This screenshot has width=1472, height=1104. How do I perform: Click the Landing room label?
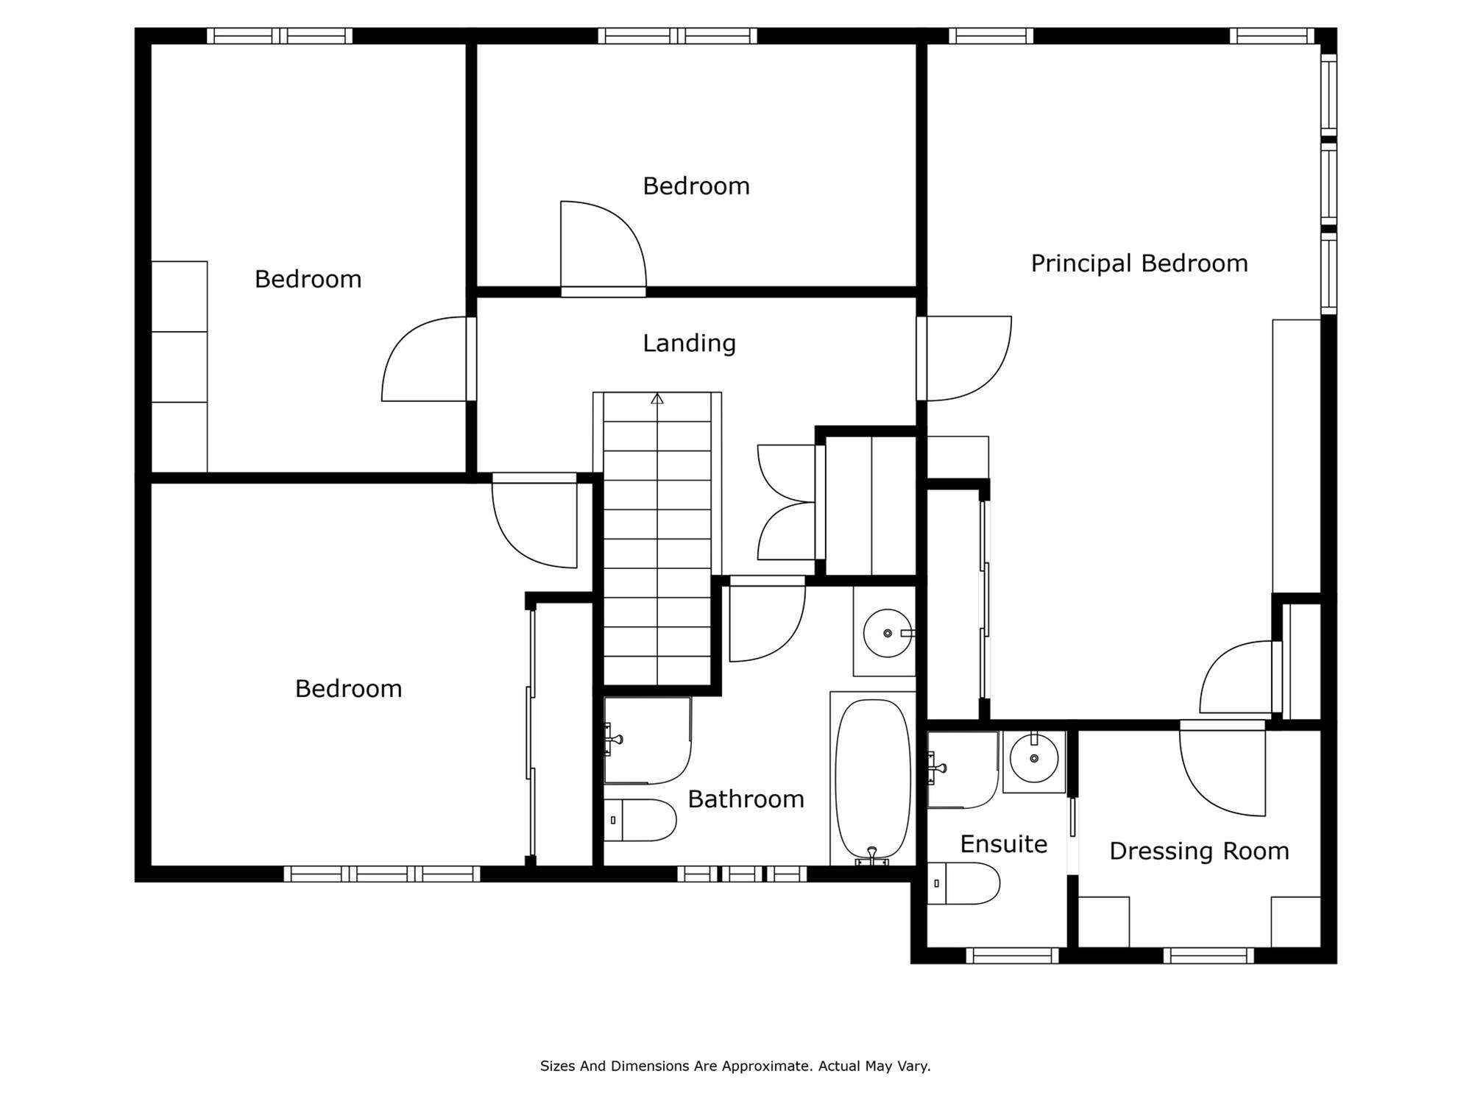click(x=689, y=343)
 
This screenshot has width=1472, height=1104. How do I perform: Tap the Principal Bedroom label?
click(x=1139, y=263)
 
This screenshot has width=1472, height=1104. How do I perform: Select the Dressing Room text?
click(x=1199, y=852)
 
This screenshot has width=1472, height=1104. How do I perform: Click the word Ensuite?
click(x=1004, y=844)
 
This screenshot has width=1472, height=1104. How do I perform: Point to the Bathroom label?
click(x=746, y=799)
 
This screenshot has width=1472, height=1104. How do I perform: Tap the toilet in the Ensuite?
click(x=963, y=883)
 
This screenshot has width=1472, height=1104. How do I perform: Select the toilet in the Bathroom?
click(x=640, y=820)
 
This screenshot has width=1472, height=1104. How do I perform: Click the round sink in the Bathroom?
click(x=888, y=633)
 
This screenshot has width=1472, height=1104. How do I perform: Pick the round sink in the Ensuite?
click(x=1034, y=758)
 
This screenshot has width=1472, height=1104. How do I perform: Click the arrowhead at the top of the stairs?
click(x=657, y=399)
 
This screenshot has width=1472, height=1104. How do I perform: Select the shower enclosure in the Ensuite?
click(x=963, y=770)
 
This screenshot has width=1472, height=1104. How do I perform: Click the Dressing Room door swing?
click(x=1222, y=769)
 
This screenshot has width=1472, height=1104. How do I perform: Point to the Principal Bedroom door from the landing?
click(x=964, y=358)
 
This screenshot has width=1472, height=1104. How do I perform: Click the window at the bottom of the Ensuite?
click(x=1012, y=955)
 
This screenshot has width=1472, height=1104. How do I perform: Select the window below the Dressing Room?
click(x=1209, y=955)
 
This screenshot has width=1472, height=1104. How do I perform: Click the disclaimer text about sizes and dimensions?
click(x=735, y=1066)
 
